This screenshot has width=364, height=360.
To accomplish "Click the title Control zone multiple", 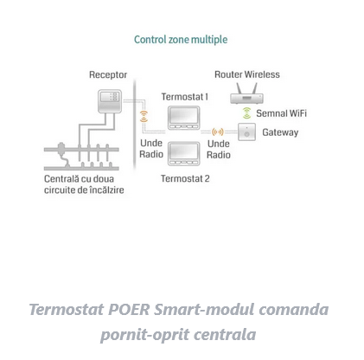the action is pos(181,40).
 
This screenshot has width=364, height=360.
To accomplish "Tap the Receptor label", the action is pos(108,74).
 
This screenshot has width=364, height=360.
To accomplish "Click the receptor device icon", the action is pos(110,101).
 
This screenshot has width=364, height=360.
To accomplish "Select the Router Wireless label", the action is pos(247,74).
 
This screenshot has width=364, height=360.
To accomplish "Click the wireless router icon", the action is pos(246,93).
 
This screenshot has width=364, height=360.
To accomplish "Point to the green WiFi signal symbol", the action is pos(246,112).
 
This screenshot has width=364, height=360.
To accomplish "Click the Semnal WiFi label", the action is pos(281,113).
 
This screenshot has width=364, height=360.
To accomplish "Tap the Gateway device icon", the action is pos(246,132).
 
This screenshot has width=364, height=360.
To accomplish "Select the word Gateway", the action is pos(280,132).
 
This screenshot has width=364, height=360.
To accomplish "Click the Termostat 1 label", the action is pos(185,97).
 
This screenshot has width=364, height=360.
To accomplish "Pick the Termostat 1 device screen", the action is pos(184,115).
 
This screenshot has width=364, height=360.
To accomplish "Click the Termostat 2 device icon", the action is pos(184,153).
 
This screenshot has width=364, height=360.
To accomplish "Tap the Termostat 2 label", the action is pos(185,178).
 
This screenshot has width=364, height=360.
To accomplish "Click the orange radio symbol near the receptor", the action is pos(144,116).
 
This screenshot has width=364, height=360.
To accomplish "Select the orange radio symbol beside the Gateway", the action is pos(218,132).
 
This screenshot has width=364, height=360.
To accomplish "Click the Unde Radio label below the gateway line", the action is pos(219,149).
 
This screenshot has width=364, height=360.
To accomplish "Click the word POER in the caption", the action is pos(129,310).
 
